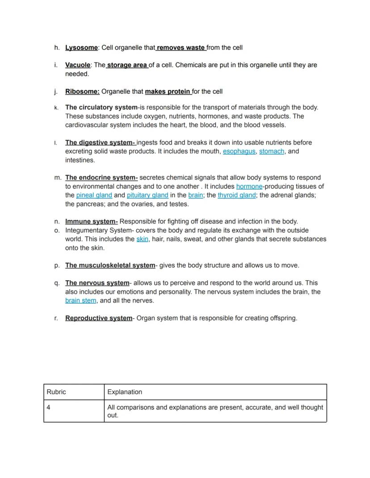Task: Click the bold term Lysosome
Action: [x=81, y=47]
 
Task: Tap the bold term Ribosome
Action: [x=82, y=91]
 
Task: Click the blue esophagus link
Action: [x=239, y=151]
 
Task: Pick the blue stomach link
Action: [x=272, y=151]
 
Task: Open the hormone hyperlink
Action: [x=249, y=186]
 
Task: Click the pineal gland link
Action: [x=94, y=195]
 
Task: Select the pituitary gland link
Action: [x=147, y=195]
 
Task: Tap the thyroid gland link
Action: [x=236, y=195]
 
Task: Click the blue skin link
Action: [x=142, y=239]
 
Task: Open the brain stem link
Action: [x=80, y=300]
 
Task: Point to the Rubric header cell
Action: [x=74, y=392]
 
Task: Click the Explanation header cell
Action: [x=215, y=392]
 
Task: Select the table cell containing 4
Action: [x=74, y=411]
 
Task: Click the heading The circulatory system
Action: [x=101, y=107]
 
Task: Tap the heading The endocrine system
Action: [x=101, y=178]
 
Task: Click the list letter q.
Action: [x=57, y=283]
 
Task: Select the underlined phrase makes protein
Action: [x=168, y=91]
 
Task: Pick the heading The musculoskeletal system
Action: [x=110, y=266]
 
